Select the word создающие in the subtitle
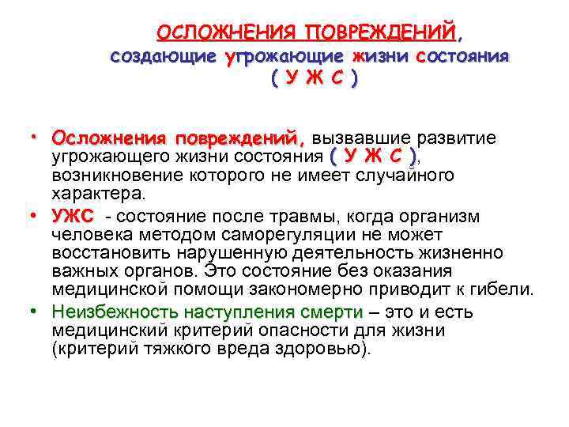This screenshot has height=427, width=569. [164, 57]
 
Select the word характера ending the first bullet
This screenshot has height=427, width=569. [97, 193]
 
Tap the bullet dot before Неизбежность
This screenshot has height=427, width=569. [35, 311]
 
